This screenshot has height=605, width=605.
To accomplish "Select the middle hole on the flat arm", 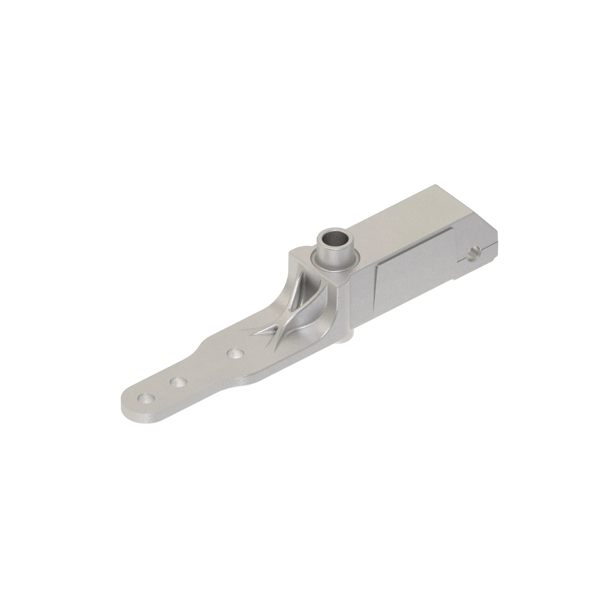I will pos(178,382).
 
